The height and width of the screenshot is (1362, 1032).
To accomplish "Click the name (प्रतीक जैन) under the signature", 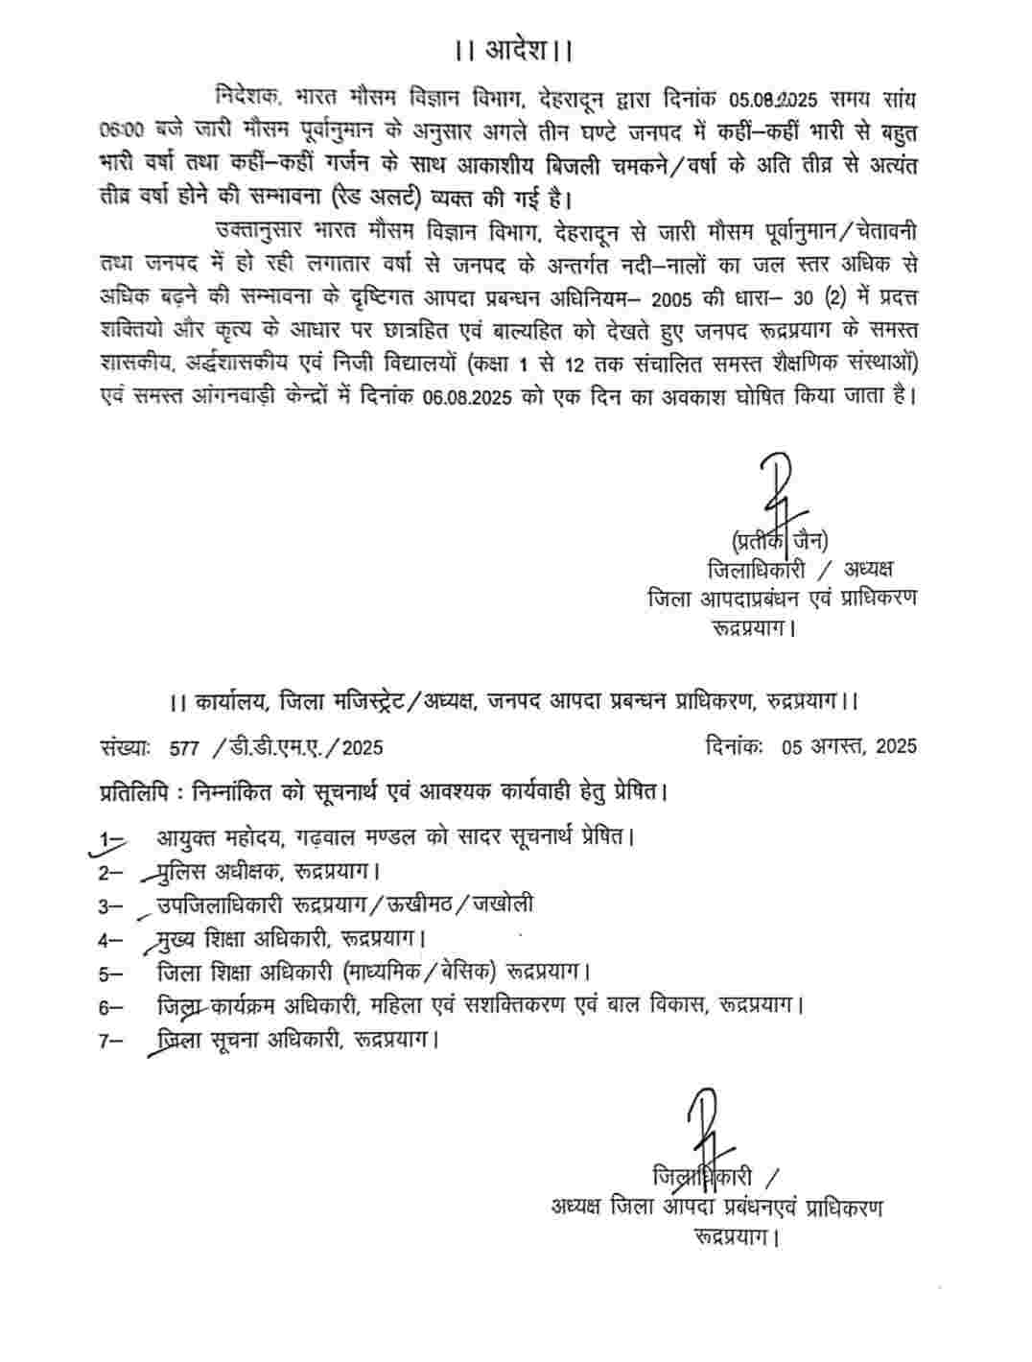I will (780, 538).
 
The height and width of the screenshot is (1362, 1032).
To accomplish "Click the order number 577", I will (182, 747).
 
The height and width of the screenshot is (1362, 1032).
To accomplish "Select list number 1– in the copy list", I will (112, 840).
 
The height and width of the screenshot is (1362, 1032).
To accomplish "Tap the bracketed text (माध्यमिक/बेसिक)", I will (420, 972).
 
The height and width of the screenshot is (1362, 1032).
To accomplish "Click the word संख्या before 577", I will (123, 747).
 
